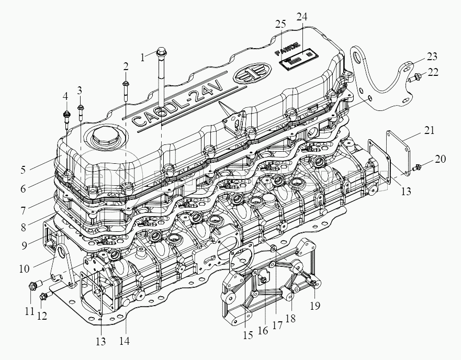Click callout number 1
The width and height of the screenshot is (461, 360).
coord(142,58)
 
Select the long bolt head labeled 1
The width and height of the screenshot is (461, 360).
coord(161,52)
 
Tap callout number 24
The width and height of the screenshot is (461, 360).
coord(301,16)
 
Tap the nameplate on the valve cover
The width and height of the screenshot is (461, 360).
coord(297,61)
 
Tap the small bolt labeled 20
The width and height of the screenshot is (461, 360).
coord(417,168)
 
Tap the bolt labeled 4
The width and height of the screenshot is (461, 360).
coord(66,115)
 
